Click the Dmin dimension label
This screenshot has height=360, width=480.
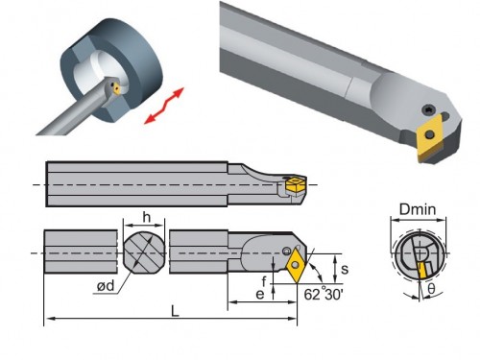(x=418, y=209)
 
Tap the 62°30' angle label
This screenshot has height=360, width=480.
(x=324, y=295)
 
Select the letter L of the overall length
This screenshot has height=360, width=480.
(x=175, y=311)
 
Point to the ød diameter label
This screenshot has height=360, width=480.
(x=106, y=285)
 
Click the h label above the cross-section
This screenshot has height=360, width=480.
(x=146, y=217)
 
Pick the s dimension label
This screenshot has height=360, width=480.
(x=345, y=270)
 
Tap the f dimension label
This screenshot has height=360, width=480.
(x=264, y=281)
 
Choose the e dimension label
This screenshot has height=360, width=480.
(x=260, y=294)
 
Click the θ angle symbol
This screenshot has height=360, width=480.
(x=431, y=289)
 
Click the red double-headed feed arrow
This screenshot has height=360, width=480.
(x=164, y=106)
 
